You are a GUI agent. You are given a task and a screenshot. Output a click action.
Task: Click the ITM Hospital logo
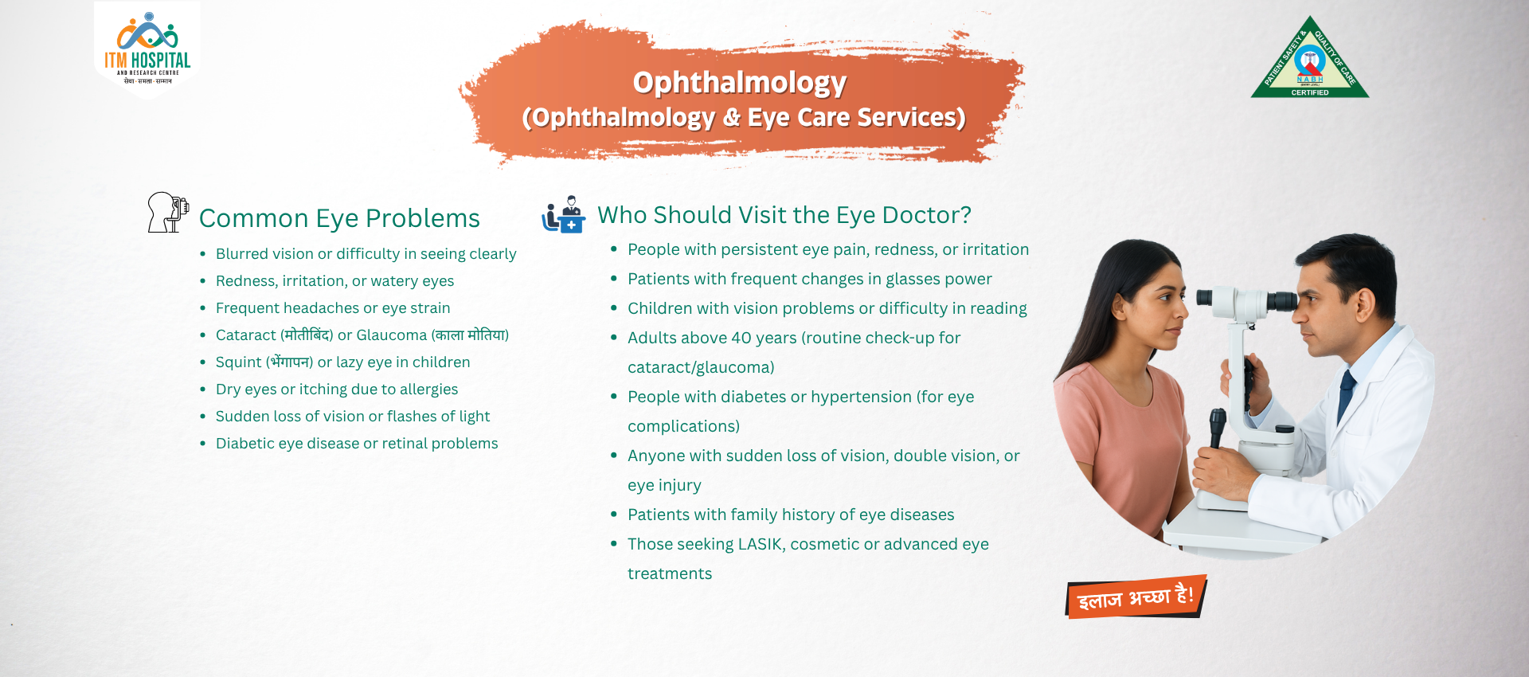[x=147, y=49]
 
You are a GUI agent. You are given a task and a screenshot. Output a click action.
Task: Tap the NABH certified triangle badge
[x=1309, y=57]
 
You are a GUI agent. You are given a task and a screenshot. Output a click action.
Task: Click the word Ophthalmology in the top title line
[x=739, y=82]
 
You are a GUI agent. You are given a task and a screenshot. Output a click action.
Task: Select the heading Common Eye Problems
[x=339, y=218]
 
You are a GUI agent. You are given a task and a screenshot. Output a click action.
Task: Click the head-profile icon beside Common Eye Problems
[x=167, y=212]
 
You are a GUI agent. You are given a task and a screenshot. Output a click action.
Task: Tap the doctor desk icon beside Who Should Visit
[x=564, y=214]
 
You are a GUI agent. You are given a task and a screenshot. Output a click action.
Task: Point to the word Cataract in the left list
[x=246, y=335]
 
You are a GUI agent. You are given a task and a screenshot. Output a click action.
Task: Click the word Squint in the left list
[x=238, y=362]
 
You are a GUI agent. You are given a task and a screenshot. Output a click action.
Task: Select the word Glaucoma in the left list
[x=392, y=335]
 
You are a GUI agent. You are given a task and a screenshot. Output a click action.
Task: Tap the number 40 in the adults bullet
[x=741, y=338]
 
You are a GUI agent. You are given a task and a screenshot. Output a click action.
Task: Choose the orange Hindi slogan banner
[x=1136, y=597]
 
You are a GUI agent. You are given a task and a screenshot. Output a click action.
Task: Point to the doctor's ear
[x=1366, y=303]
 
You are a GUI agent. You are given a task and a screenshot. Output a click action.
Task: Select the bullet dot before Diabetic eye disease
[x=203, y=444]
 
